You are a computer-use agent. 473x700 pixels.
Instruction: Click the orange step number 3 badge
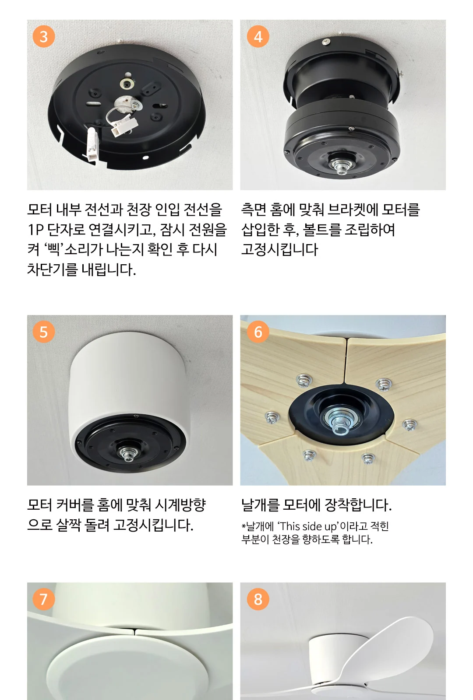point(44,37)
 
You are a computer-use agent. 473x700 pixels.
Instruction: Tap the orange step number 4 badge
point(258,37)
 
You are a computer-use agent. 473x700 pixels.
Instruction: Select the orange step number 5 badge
point(44,332)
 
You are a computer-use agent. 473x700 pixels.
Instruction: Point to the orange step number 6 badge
point(258,332)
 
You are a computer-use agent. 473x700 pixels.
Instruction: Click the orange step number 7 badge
point(44,599)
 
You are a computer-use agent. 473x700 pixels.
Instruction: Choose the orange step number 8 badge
point(258,599)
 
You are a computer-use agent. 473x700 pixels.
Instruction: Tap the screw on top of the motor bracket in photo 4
point(326,41)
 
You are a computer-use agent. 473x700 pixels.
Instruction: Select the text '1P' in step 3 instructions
point(35,230)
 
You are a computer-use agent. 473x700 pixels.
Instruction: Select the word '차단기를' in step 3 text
point(52,269)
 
